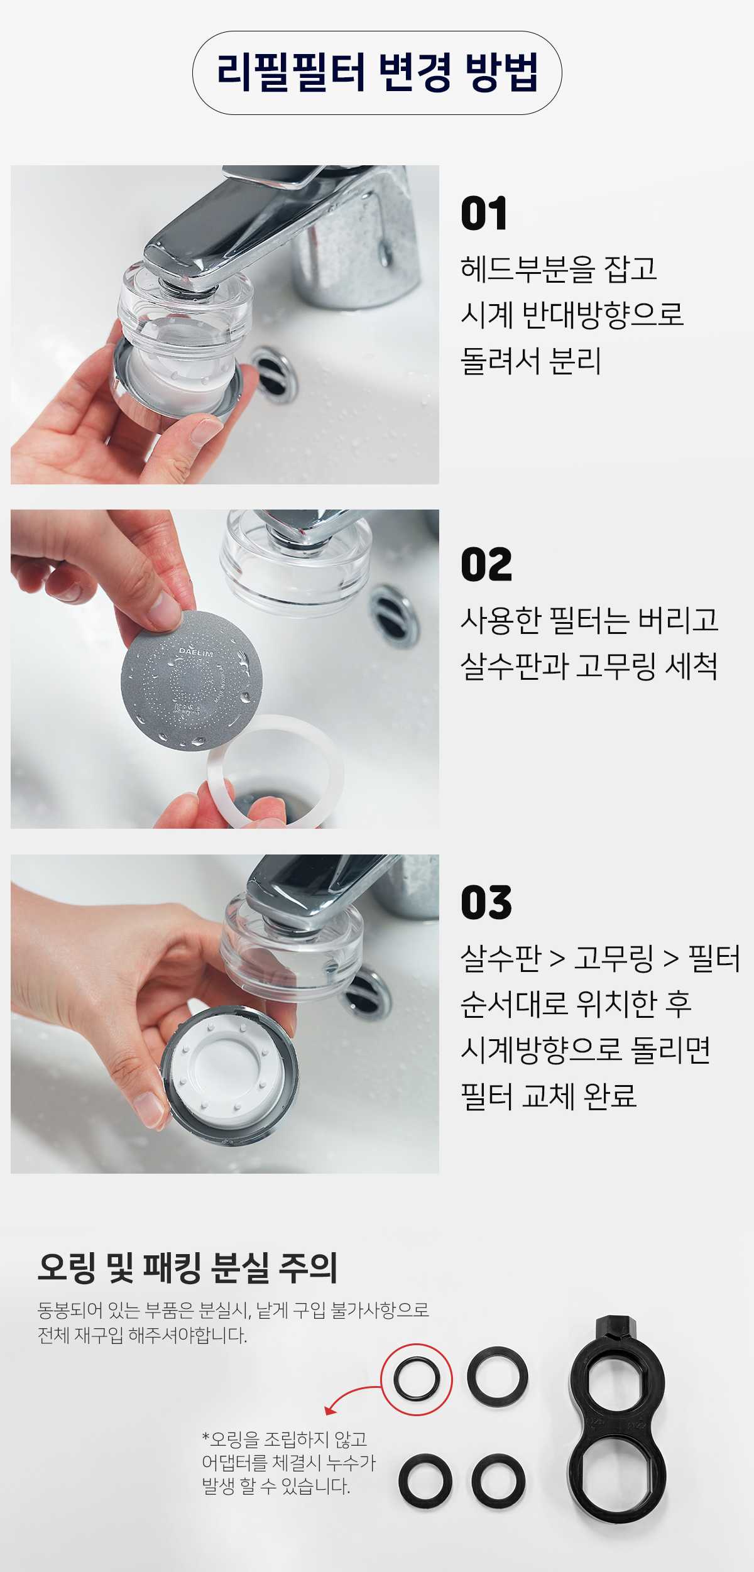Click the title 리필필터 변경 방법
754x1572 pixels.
click(x=377, y=73)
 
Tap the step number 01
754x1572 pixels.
click(x=484, y=214)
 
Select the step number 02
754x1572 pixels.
click(x=486, y=564)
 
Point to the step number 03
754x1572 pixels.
click(x=486, y=902)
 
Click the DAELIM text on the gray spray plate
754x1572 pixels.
click(x=196, y=652)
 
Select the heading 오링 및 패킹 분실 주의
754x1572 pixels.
click(x=188, y=1267)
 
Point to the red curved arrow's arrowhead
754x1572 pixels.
click(x=329, y=1410)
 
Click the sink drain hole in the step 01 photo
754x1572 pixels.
click(x=274, y=376)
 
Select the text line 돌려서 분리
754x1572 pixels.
click(x=531, y=361)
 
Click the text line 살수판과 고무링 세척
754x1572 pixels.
click(x=589, y=666)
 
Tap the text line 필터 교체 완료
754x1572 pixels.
click(x=549, y=1096)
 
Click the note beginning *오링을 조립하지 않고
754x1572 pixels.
click(x=288, y=1463)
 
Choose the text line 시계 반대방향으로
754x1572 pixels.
click(x=572, y=314)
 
